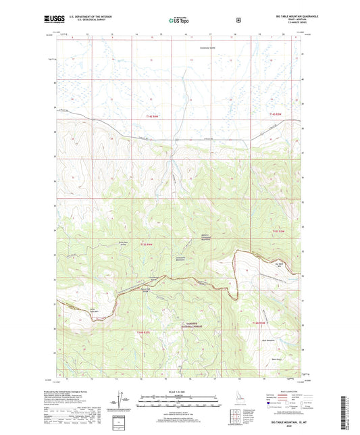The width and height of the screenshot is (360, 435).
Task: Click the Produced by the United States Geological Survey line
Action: (x=78, y=390)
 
